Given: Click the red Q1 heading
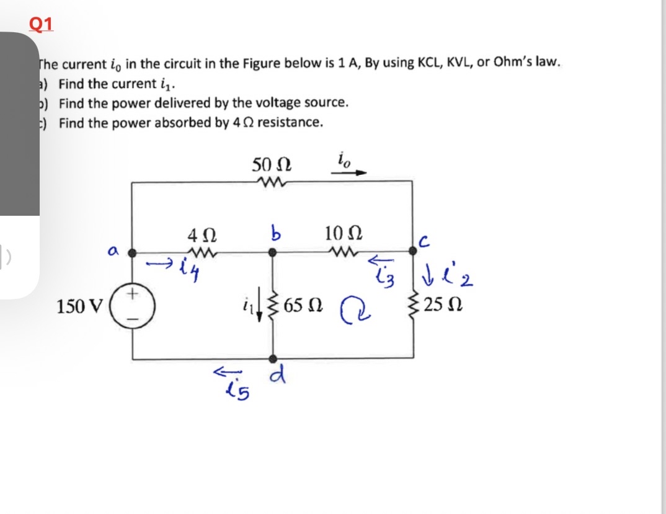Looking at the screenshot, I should [41, 23].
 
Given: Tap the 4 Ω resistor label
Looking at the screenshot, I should [202, 236].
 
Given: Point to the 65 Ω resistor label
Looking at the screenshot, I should [303, 306].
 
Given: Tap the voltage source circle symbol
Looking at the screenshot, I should [133, 306].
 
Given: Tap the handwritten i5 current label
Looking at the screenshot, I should [236, 391].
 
